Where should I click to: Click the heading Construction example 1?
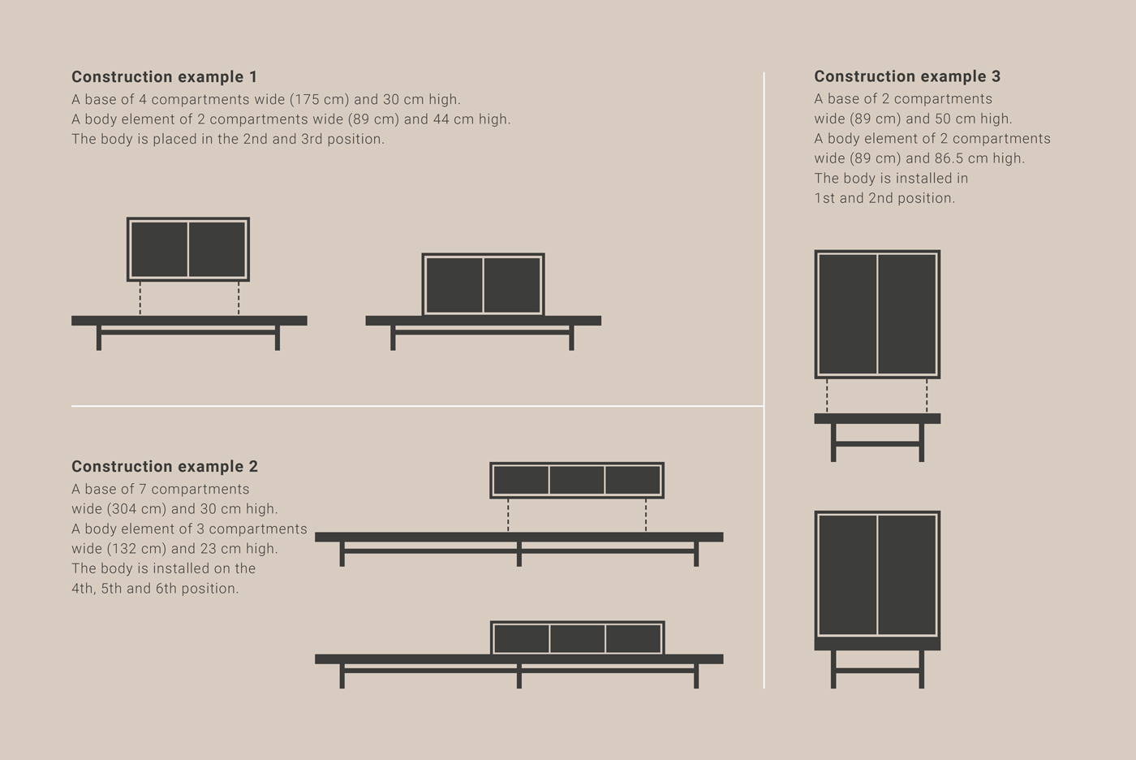click(x=164, y=77)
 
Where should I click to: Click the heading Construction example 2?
click(x=165, y=467)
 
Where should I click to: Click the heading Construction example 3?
click(x=907, y=76)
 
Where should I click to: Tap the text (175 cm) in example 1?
click(x=320, y=99)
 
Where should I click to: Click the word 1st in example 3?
click(x=824, y=198)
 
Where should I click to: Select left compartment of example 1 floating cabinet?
click(x=159, y=249)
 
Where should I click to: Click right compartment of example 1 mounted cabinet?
click(x=512, y=285)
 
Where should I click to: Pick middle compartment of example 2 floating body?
click(x=577, y=480)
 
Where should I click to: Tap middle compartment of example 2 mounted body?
click(x=578, y=638)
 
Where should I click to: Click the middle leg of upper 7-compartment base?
click(x=519, y=554)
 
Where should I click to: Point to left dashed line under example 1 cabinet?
click(x=140, y=298)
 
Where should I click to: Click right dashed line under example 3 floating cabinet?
click(x=927, y=395)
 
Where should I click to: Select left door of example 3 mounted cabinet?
click(x=847, y=575)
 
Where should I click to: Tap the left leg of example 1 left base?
click(x=99, y=338)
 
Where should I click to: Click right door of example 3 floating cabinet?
click(x=907, y=314)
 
